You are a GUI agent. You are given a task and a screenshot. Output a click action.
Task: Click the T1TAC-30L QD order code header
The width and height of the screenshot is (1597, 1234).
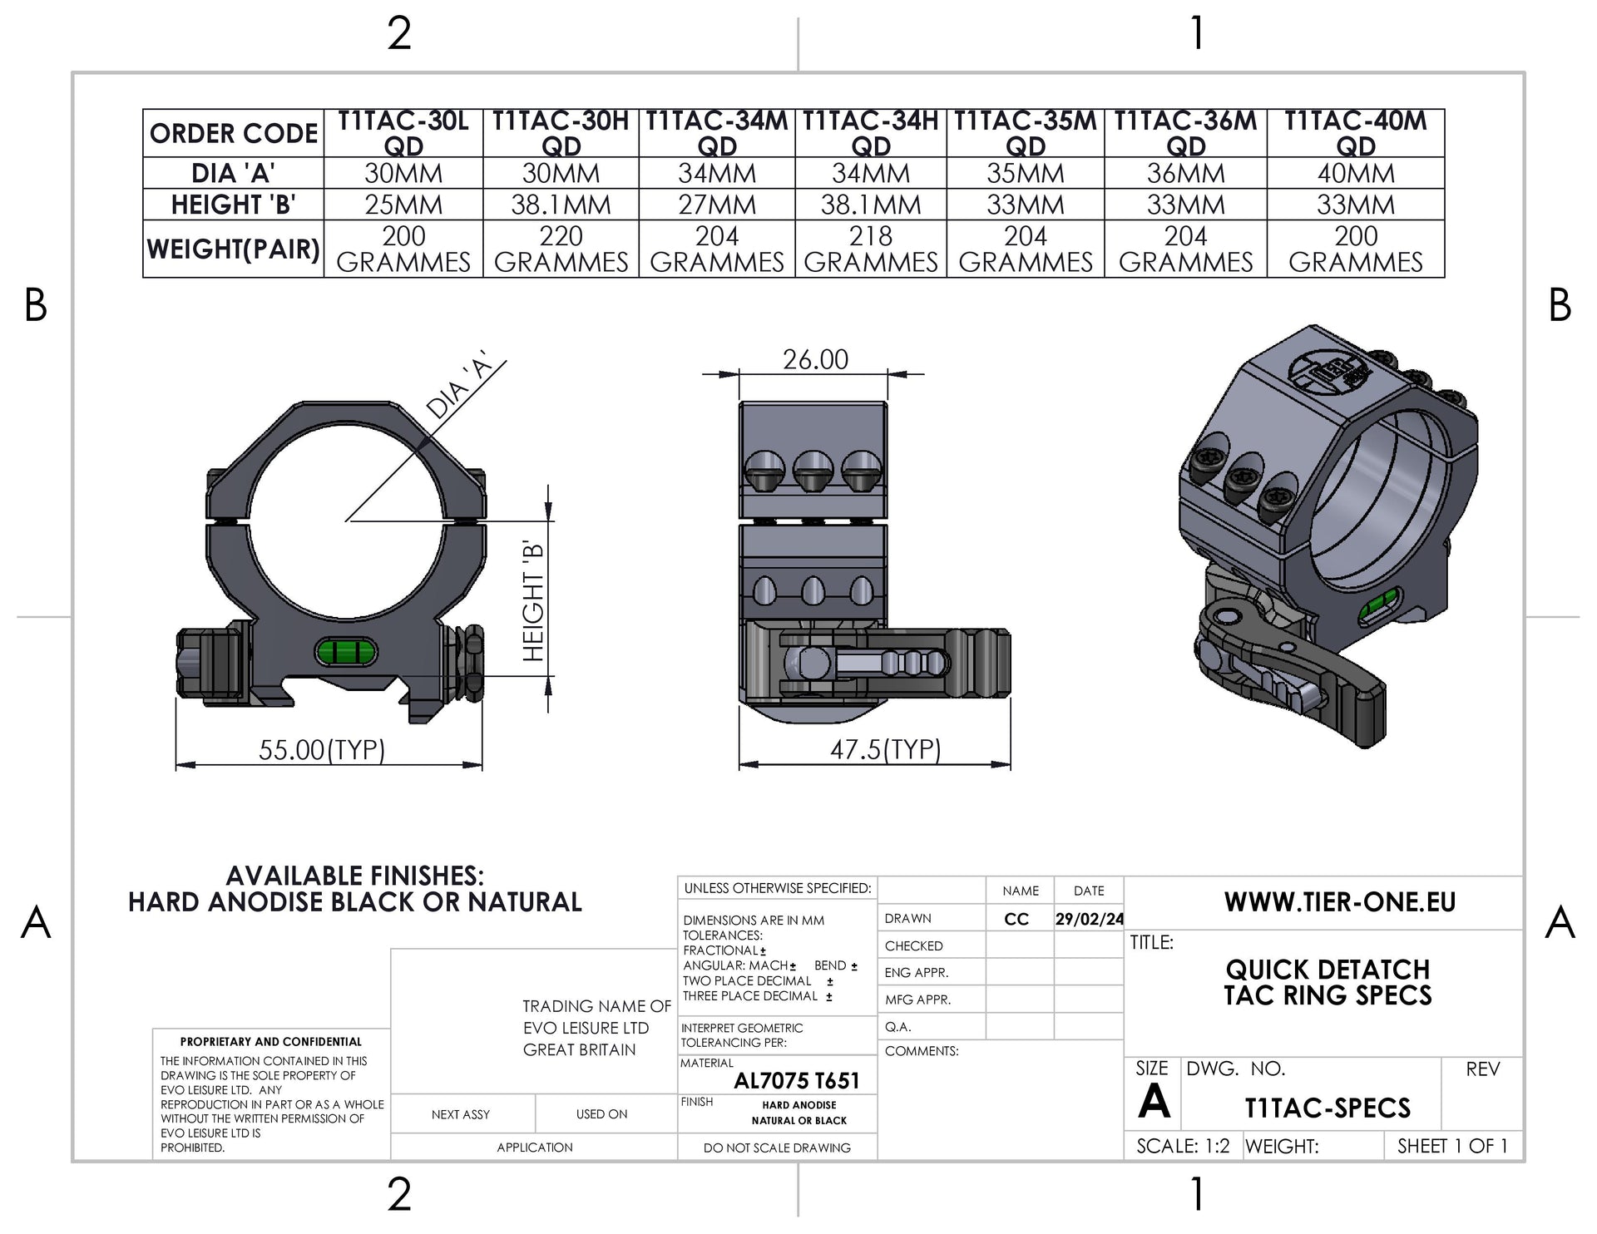[403, 133]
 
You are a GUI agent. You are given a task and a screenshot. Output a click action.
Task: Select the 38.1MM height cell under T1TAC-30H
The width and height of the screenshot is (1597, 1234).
[561, 205]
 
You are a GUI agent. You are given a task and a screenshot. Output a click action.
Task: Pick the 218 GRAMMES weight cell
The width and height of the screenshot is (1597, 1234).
[871, 249]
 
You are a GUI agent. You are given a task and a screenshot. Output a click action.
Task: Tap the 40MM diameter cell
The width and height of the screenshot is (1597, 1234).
[1356, 174]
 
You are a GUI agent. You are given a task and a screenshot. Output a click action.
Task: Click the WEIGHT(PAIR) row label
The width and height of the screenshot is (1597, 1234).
[234, 249]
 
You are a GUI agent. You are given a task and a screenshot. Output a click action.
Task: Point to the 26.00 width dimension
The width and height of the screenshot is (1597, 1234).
[815, 360]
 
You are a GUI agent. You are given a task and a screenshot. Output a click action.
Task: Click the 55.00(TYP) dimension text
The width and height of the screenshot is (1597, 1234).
[322, 750]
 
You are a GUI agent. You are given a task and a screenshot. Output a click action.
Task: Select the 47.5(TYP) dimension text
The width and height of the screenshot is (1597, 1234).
[885, 750]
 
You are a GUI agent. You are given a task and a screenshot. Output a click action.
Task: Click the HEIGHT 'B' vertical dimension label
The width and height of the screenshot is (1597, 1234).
[533, 601]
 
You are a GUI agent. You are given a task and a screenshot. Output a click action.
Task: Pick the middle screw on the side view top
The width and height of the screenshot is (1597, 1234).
[813, 473]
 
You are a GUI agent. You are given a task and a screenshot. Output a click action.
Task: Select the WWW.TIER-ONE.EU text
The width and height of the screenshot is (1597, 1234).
[1339, 902]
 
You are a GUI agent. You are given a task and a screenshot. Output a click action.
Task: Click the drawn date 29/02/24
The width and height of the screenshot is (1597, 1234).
[1089, 919]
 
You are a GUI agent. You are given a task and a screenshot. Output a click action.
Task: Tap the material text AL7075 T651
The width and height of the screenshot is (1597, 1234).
[796, 1081]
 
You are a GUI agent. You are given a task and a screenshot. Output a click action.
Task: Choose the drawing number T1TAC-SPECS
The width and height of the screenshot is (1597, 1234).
[1328, 1108]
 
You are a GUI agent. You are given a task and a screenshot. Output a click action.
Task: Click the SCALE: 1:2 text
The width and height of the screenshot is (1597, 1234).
[1183, 1146]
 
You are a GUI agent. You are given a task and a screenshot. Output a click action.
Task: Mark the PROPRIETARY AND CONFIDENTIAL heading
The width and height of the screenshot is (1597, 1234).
[271, 1041]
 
